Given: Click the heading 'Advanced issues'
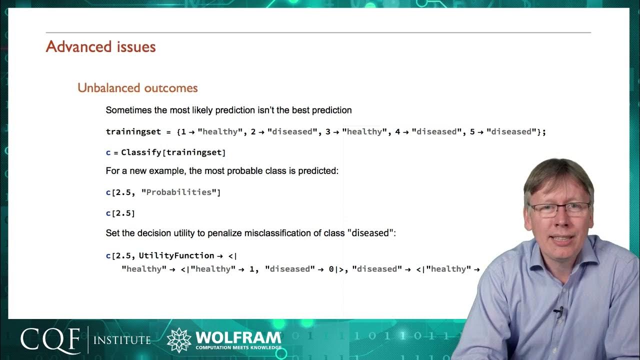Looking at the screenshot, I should click(100, 47).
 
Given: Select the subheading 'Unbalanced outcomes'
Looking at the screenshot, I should click(137, 88).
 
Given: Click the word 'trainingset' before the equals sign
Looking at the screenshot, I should click(133, 132).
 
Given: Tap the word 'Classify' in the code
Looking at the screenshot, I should click(141, 152).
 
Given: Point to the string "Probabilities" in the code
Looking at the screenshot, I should click(179, 192).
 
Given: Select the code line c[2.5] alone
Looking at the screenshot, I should click(120, 213).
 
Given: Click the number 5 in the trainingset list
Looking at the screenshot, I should click(472, 132).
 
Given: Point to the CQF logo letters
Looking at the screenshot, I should click(50, 340).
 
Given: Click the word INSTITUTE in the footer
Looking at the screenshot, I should click(122, 340).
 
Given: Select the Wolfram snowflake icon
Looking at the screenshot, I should click(179, 340).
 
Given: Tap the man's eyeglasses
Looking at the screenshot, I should click(560, 207).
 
